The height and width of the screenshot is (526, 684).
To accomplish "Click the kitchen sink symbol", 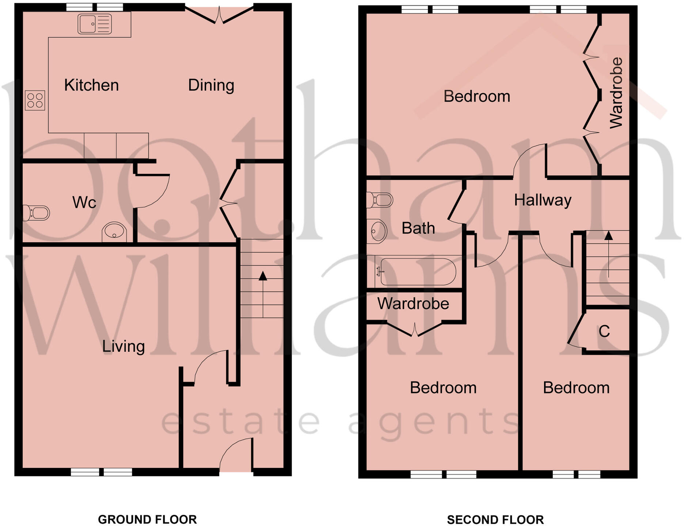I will point(95,24).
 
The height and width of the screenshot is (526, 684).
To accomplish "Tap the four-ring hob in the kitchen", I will point(35,100).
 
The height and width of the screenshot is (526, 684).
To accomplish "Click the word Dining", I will point(211,85).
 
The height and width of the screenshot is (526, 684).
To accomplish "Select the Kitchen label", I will point(91,85).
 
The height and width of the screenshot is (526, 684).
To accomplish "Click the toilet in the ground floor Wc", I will point(36,213).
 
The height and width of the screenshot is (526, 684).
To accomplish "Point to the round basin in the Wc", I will point(114,231).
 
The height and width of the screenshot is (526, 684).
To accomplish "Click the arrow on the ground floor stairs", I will point(263,277).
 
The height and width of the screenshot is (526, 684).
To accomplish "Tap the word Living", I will point(123,346).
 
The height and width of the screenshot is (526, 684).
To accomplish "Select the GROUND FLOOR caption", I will point(147,519).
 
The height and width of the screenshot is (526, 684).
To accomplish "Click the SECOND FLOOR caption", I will point(495,519).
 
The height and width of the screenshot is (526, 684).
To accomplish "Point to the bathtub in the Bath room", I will point(418,272).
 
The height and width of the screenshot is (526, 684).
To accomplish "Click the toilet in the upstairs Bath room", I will point(380,200).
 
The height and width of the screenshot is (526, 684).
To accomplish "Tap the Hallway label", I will point(543,200).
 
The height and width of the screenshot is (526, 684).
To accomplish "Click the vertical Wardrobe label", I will point(616,93).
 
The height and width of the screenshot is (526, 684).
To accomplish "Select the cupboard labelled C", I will point(604,331).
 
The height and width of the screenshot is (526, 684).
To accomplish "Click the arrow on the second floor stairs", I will point(608,236).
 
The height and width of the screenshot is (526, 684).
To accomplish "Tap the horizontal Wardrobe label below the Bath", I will point(413,304).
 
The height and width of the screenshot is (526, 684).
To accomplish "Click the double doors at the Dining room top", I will point(219,16).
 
